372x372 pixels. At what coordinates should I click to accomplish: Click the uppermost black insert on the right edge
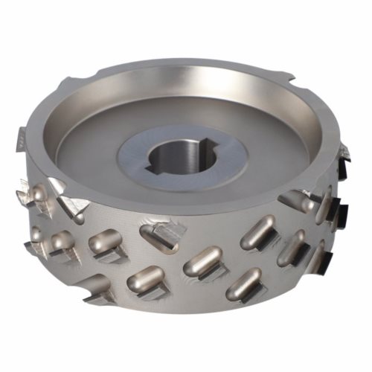point(345,154)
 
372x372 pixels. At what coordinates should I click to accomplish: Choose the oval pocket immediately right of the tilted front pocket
point(202,260)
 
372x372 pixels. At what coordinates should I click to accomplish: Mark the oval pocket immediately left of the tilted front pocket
point(105,242)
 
